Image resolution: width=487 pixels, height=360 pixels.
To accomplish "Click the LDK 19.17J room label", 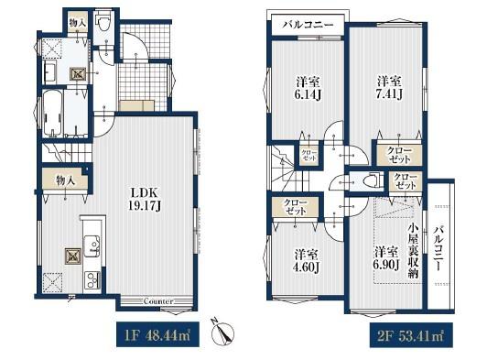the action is (145, 199).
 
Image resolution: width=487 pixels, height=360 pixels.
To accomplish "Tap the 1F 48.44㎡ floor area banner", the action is (157, 335).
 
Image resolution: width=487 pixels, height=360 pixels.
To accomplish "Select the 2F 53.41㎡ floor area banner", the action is (411, 335).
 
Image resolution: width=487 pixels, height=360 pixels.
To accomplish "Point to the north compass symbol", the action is (222, 333).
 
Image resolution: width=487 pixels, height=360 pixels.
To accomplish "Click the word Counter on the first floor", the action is (158, 301).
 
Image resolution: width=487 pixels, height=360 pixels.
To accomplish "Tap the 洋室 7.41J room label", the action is (389, 87).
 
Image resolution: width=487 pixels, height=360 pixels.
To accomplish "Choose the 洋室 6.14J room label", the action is (308, 88).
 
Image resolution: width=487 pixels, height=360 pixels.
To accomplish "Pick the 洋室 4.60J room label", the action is (308, 261).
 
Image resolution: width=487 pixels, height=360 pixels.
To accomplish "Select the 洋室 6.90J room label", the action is (386, 257).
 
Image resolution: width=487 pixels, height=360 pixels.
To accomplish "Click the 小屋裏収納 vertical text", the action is (414, 251).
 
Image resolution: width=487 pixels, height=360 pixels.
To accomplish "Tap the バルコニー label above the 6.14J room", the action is (308, 25).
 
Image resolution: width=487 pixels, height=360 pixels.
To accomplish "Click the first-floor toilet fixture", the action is (103, 23).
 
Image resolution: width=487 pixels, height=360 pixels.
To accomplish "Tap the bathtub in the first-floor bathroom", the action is (53, 114).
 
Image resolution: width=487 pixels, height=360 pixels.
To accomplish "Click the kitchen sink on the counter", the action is (92, 245).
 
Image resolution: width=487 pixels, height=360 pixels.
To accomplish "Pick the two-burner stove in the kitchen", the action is (92, 279).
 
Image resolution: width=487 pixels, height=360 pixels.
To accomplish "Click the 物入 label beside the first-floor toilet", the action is (78, 22).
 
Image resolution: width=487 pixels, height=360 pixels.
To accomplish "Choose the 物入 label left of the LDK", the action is (66, 180).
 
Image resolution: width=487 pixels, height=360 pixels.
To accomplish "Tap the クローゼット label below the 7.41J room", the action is (399, 156).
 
